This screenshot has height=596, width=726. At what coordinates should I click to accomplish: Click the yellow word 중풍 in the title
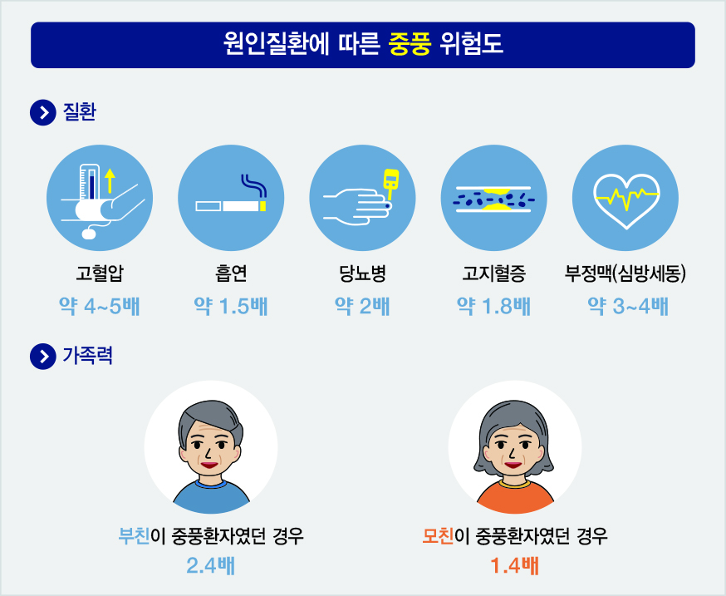(x=410, y=45)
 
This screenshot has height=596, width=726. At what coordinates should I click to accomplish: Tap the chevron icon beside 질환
(x=43, y=112)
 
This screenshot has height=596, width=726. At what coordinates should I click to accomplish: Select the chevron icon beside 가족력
(x=43, y=357)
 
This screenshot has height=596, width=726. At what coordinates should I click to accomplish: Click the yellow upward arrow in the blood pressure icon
(x=110, y=180)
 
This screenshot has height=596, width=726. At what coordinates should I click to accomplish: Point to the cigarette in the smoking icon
(x=231, y=206)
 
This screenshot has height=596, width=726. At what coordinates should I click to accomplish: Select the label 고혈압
(x=100, y=273)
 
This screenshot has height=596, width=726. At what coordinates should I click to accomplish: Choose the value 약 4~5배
(x=100, y=307)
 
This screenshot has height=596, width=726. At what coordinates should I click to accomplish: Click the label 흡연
(x=231, y=273)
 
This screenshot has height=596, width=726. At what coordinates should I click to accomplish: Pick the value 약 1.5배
(x=231, y=307)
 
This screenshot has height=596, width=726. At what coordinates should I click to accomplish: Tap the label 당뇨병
(x=362, y=273)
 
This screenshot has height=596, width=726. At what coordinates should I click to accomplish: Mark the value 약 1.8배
(x=493, y=307)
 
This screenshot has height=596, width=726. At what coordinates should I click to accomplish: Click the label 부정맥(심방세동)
(x=625, y=273)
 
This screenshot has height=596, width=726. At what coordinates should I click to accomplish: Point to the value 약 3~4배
(x=628, y=307)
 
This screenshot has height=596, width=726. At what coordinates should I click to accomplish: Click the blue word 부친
(x=134, y=536)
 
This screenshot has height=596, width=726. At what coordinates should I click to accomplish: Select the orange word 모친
(x=438, y=536)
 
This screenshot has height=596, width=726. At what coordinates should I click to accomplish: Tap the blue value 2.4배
(x=211, y=566)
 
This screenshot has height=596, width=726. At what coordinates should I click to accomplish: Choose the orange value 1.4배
(x=514, y=566)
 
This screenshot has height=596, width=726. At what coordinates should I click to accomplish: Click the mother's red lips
(x=513, y=465)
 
